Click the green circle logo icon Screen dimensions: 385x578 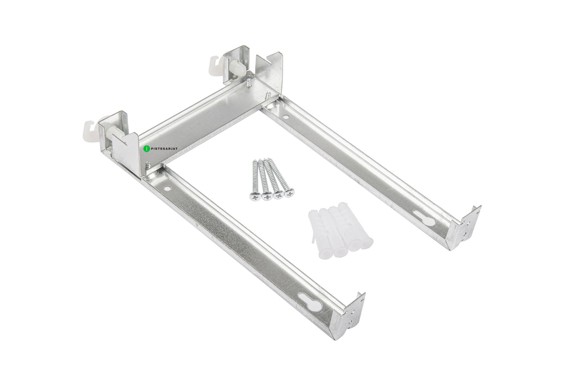[x=146, y=148]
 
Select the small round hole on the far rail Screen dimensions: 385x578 [x=285, y=117]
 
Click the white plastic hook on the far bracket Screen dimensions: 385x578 [x=215, y=63]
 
